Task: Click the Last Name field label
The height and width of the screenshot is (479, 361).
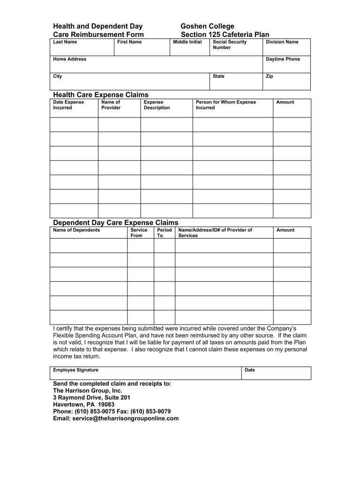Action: point(65,42)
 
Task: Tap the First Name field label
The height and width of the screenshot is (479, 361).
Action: point(129,42)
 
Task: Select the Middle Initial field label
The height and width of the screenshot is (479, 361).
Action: point(187,42)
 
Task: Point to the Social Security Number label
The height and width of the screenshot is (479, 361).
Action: point(229,44)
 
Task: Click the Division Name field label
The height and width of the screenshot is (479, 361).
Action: point(282,42)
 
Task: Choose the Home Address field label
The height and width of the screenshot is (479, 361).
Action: point(69,59)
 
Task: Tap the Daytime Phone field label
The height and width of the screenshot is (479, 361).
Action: point(283,59)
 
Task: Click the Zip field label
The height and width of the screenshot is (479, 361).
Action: point(269,76)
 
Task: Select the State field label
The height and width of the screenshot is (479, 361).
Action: point(218,76)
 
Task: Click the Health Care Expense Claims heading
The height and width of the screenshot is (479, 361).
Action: point(100,95)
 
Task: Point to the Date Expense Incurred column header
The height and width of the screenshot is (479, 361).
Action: point(68,105)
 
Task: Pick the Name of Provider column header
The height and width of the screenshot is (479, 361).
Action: point(111,105)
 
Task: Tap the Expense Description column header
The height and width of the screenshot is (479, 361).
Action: point(157,105)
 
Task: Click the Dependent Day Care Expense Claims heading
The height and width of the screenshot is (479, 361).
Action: point(115,223)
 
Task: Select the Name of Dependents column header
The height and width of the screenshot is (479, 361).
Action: point(76,230)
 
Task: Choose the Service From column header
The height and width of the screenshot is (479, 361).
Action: point(138,232)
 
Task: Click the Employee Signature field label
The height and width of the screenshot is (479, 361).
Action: point(75,370)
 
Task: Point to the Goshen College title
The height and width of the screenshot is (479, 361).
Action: point(207,26)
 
